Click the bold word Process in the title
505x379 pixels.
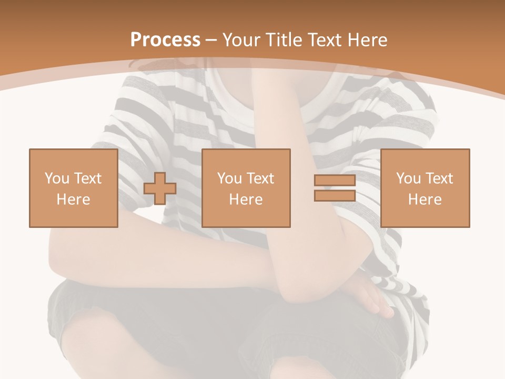click(165, 40)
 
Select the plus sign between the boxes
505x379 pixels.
click(160, 188)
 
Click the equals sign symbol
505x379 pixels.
click(335, 188)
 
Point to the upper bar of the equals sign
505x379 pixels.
click(335, 181)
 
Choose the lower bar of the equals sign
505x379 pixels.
click(335, 195)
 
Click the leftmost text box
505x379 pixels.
click(73, 188)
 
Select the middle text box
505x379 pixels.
click(246, 188)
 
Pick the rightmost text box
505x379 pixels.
click(425, 188)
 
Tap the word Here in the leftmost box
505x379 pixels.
click(73, 199)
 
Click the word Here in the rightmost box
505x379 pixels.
click(425, 199)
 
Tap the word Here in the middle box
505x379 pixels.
click(246, 199)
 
